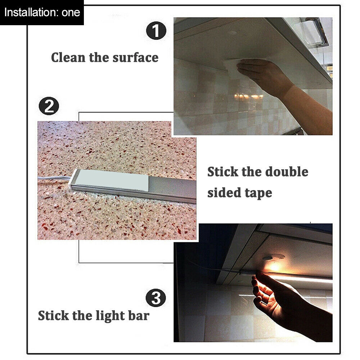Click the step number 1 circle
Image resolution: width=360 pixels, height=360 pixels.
[x=156, y=31]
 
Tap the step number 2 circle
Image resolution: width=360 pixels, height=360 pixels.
[x=49, y=106]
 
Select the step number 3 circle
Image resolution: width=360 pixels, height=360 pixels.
[x=156, y=298]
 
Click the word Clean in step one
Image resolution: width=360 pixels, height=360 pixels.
[x=68, y=57]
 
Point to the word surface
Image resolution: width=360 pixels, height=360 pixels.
[x=135, y=57]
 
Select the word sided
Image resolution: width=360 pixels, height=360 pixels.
[x=224, y=192]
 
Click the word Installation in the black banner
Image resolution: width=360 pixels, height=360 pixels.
[x=31, y=12]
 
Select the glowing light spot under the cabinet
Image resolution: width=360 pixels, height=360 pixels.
[x=275, y=267]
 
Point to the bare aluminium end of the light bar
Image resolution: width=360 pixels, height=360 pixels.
[x=172, y=189]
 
